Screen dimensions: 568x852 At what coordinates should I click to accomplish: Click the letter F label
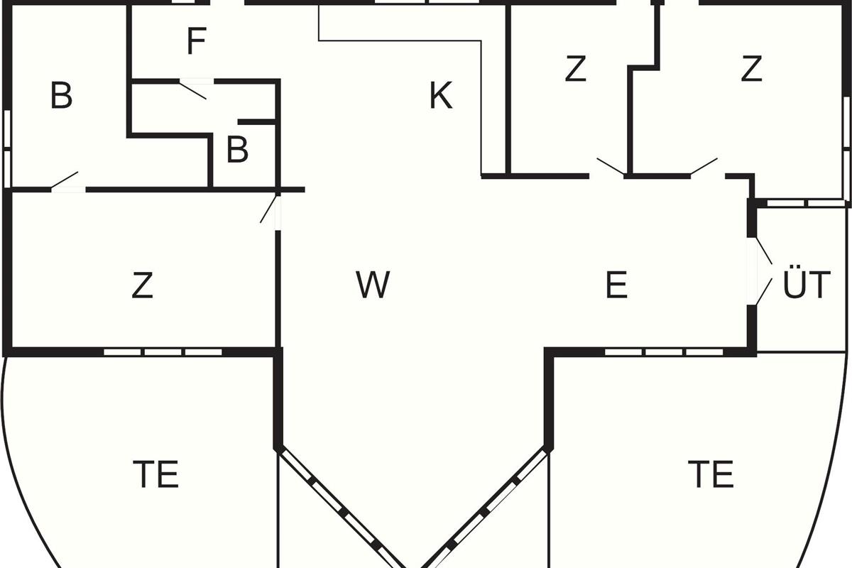pos(196,42)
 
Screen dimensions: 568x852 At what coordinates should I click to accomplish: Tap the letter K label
pos(441,96)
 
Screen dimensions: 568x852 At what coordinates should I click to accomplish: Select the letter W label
pos(373,285)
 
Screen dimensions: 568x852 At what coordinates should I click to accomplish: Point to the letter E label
pos(616,285)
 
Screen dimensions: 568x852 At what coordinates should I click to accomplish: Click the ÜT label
pos(806,285)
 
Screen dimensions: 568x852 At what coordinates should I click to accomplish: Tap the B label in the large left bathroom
pos(62,96)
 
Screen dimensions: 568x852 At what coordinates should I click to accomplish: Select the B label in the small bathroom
pos(237,151)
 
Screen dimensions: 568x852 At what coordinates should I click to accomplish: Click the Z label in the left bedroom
pos(143,285)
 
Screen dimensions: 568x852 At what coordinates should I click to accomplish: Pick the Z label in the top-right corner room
pos(751,70)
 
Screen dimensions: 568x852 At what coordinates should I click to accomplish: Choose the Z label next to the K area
pos(575,70)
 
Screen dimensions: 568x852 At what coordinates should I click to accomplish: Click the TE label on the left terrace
pos(156,474)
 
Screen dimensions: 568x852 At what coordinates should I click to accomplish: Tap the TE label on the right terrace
pos(711,474)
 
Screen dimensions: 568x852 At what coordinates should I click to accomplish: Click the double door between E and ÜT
pos(761,271)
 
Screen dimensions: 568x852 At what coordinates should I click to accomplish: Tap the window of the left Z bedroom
pos(163,351)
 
